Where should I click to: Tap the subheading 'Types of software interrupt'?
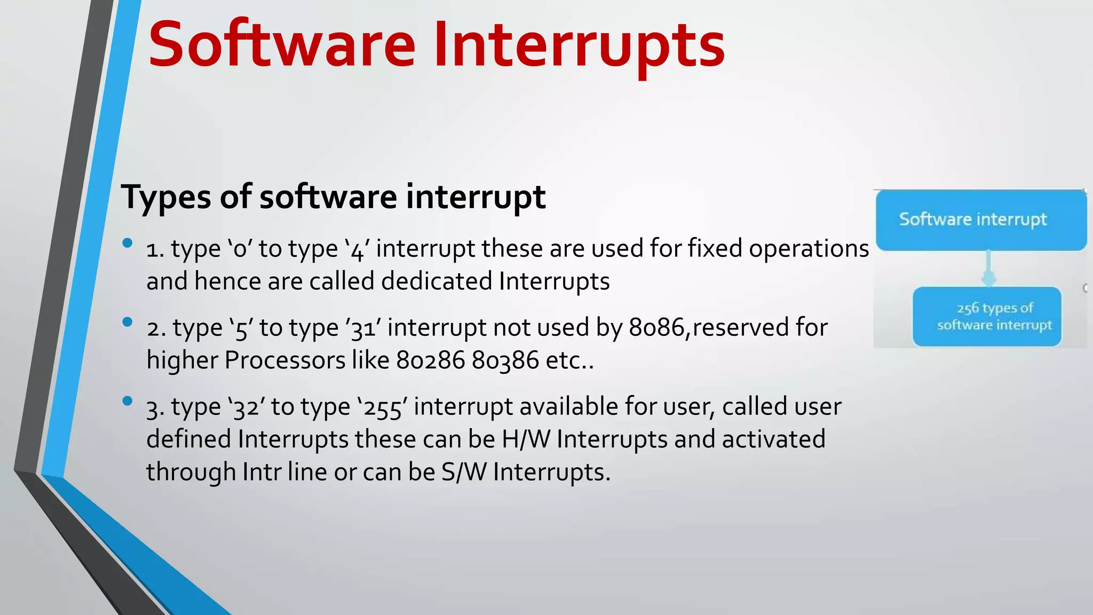(x=333, y=196)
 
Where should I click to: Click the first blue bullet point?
(x=127, y=243)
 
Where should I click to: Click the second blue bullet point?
(x=127, y=322)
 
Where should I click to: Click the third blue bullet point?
(x=127, y=401)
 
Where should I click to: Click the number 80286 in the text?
(x=430, y=360)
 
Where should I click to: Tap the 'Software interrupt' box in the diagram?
(x=980, y=219)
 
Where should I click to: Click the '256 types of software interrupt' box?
(x=987, y=317)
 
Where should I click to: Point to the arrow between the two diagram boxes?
(x=988, y=269)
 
